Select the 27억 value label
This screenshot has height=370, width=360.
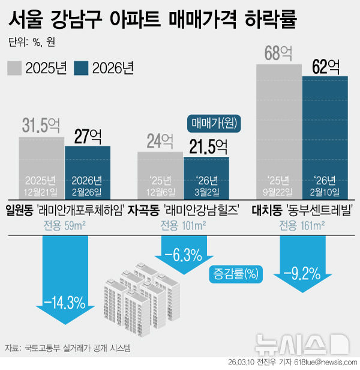tap(88, 136)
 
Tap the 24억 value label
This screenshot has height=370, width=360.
tap(160, 142)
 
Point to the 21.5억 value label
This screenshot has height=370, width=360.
tap(206, 147)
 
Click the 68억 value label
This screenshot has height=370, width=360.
tap(278, 53)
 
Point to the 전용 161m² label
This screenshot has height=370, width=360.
tap(302, 226)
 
